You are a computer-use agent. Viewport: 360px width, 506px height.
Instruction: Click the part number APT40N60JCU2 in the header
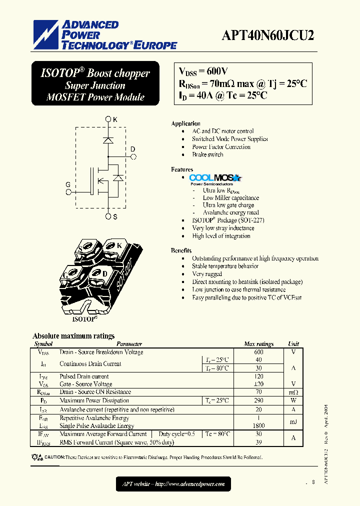tap(268, 35)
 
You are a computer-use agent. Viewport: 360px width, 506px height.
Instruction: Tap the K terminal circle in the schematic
tap(108, 119)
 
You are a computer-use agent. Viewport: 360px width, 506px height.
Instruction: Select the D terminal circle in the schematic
tap(133, 156)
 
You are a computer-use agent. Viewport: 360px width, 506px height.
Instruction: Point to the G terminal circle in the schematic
tap(68, 191)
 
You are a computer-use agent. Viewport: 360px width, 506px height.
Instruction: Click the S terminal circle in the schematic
tap(108, 216)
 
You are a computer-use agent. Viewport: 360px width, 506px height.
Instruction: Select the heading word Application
tap(185, 123)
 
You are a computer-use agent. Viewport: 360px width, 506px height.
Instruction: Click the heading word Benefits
tap(181, 250)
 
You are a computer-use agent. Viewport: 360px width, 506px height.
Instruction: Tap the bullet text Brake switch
tap(207, 154)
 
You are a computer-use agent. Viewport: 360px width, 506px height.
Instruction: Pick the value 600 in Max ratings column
tap(258, 352)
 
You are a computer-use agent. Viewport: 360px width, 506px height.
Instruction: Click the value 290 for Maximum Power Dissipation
tap(258, 400)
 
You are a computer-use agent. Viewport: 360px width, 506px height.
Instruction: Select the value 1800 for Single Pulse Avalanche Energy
tap(258, 425)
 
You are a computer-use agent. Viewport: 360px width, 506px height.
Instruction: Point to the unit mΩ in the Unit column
tap(293, 392)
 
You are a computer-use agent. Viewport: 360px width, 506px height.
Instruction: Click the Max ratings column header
tap(258, 344)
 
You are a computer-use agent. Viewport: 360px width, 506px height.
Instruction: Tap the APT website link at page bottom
tap(173, 483)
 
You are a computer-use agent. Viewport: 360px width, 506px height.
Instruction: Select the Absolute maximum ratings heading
tap(73, 336)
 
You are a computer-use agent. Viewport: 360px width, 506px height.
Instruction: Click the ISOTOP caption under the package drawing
tap(84, 318)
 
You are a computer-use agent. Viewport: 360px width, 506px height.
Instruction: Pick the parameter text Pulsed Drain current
tap(84, 376)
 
